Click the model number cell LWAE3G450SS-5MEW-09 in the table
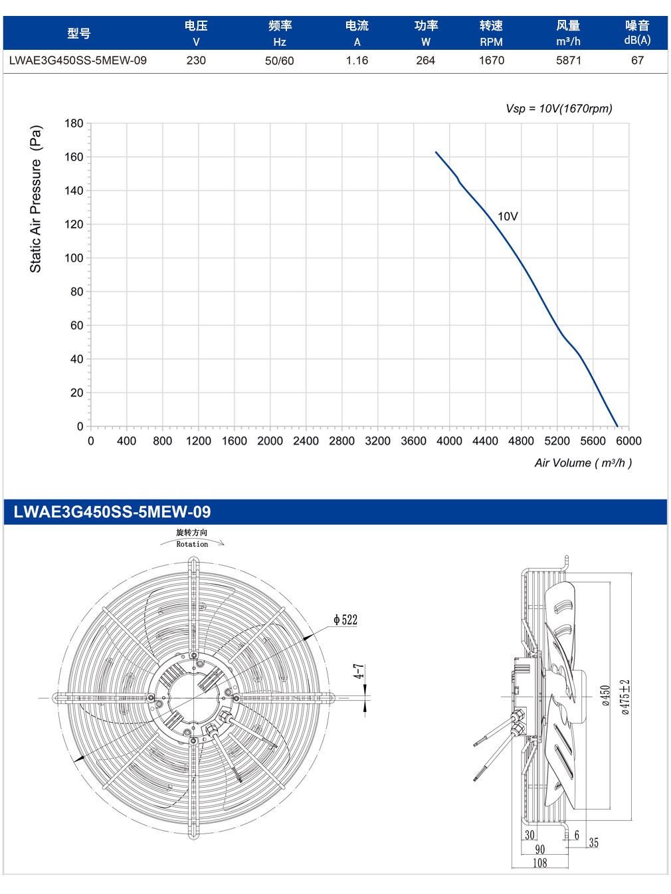pos(78,60)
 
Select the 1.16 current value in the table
pos(357,60)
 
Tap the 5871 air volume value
pos(568,60)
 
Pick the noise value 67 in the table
pos(637,60)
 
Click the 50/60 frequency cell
pos(279,60)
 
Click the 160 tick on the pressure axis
pos(74,157)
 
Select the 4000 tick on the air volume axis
pos(449,440)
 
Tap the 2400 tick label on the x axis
pos(306,440)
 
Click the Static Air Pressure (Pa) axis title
pos(36,199)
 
